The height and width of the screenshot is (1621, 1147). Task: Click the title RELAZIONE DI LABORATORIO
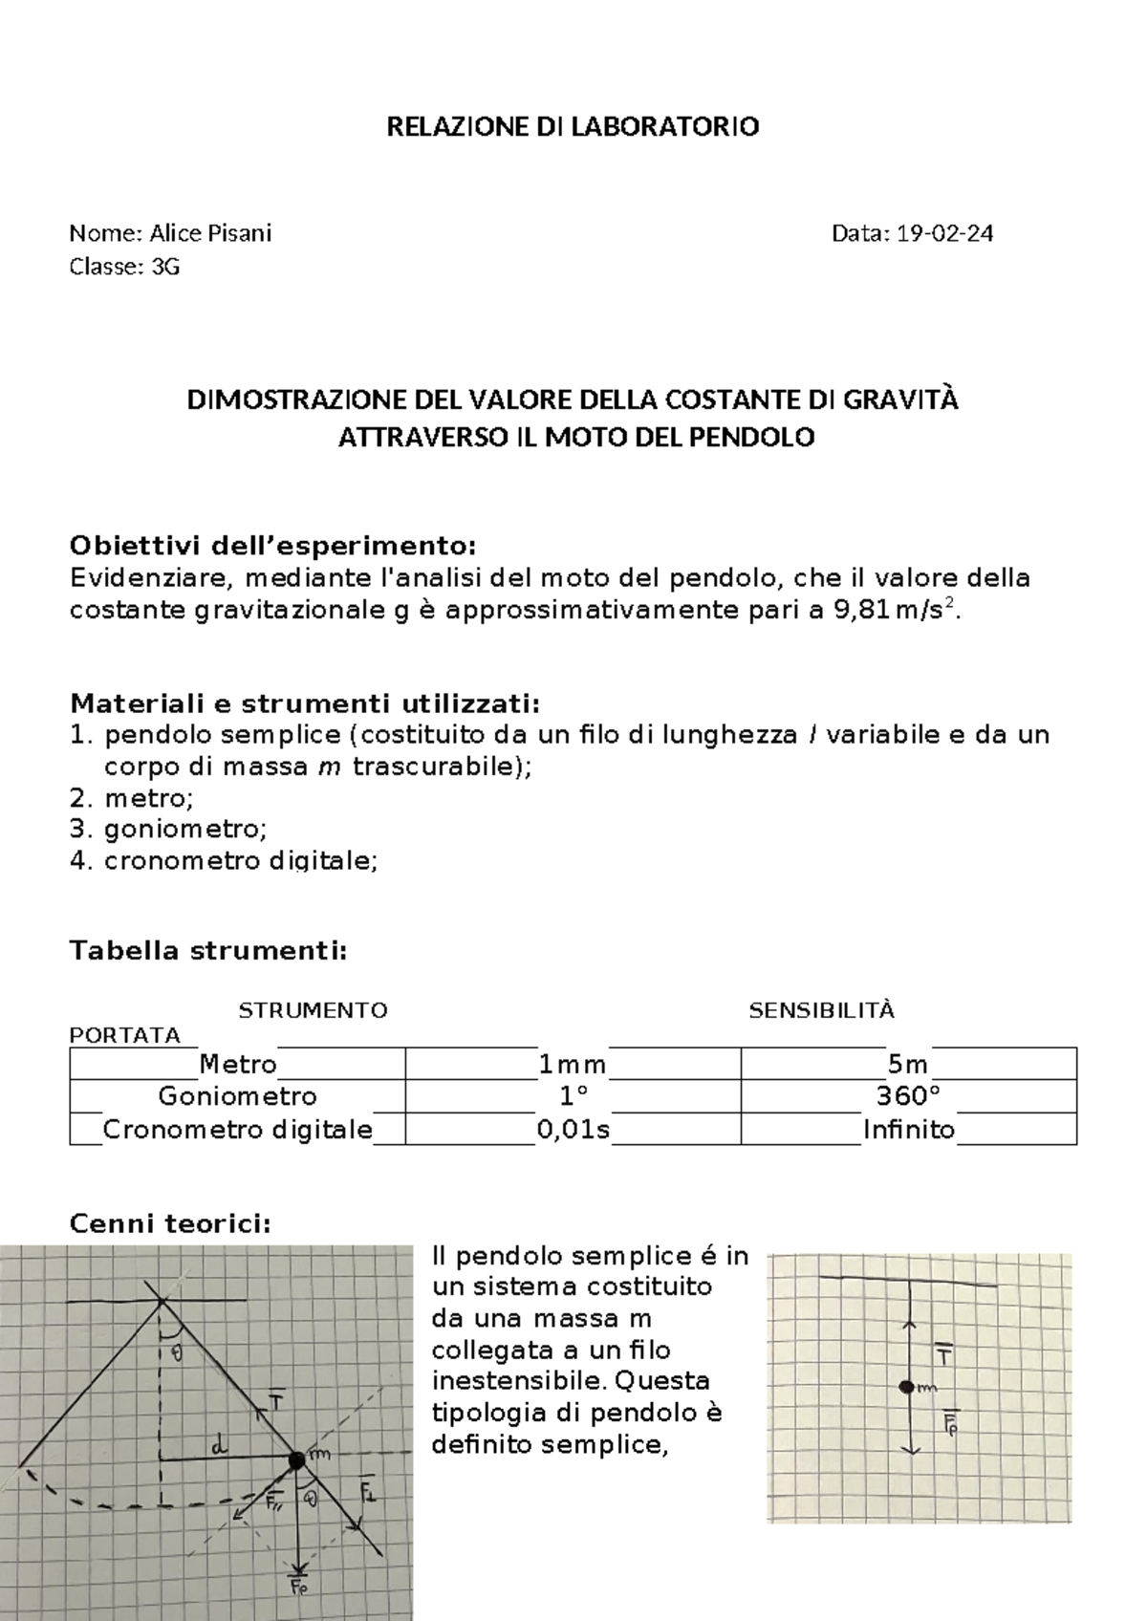click(x=573, y=127)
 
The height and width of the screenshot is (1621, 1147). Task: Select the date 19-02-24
click(x=943, y=233)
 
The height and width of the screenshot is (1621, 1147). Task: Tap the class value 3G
click(x=164, y=267)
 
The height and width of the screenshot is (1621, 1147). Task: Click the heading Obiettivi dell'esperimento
click(x=272, y=546)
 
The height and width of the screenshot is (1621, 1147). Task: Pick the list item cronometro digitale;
click(x=241, y=861)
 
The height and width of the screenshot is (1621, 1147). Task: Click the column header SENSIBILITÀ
click(x=821, y=1010)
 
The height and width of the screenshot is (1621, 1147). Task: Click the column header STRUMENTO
click(x=313, y=1010)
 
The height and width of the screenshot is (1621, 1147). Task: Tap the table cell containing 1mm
click(x=573, y=1065)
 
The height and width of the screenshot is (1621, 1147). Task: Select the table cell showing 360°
click(x=908, y=1095)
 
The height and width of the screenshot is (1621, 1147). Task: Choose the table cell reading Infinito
click(x=908, y=1130)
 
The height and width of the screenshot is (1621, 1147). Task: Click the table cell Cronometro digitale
click(x=237, y=1130)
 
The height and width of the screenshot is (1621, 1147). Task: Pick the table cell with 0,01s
click(x=573, y=1130)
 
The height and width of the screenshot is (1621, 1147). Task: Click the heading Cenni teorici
click(x=171, y=1224)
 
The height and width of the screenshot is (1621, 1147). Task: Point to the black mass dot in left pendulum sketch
click(x=296, y=1459)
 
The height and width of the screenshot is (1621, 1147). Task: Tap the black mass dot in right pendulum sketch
click(x=906, y=1387)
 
